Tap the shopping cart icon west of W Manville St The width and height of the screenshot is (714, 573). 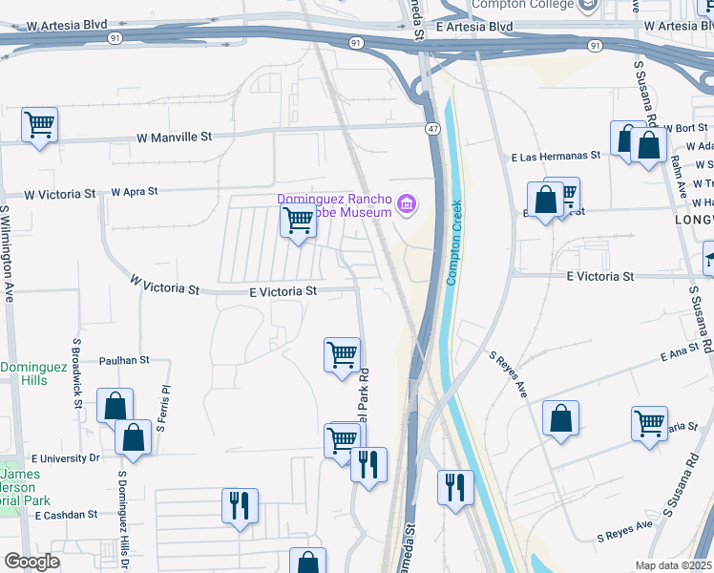point(39,124)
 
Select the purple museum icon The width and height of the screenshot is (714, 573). point(407,203)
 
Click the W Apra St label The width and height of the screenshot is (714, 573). point(134,192)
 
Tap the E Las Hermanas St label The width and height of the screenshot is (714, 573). point(555,155)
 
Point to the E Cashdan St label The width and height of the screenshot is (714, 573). point(66,514)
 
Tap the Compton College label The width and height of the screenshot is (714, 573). point(524,6)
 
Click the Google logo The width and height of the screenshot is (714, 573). point(31,562)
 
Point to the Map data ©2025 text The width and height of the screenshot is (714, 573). point(674,565)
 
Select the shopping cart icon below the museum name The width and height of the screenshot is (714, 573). point(299,221)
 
